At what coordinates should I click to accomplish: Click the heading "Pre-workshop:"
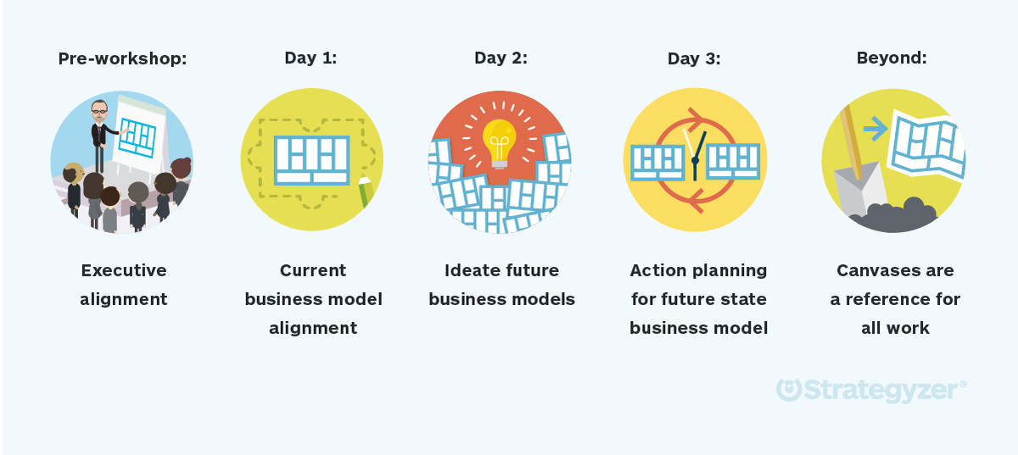(x=122, y=58)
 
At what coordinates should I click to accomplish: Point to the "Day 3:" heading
(x=694, y=58)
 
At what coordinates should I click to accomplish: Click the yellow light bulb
(x=499, y=140)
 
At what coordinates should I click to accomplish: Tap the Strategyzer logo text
(x=882, y=390)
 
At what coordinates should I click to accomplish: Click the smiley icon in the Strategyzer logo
(x=789, y=390)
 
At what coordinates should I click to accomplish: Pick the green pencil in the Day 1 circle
(x=365, y=192)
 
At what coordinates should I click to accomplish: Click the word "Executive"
(x=124, y=270)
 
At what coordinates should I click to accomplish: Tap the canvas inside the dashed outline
(x=311, y=159)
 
